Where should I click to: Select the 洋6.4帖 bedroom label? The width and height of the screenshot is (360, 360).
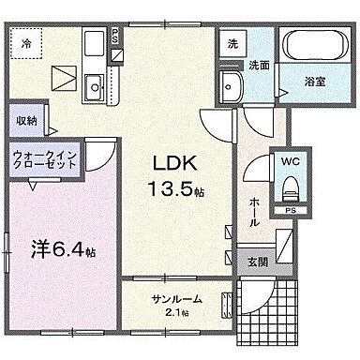click(61, 252)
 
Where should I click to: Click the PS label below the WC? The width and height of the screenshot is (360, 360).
click(291, 212)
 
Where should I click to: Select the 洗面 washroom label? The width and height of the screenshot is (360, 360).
click(259, 66)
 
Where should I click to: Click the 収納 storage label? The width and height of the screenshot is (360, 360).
click(26, 121)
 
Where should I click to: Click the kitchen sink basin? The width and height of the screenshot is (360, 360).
click(94, 90)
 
